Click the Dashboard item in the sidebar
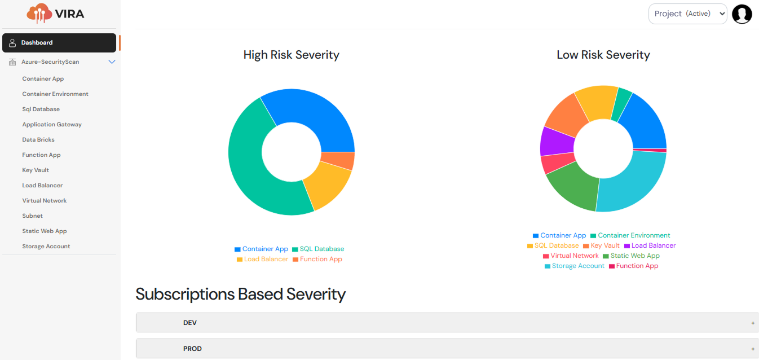[37, 43]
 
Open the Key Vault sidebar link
[36, 170]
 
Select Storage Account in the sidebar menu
[46, 246]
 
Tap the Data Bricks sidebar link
[38, 139]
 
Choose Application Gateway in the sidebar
[52, 124]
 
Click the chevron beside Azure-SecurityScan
[112, 62]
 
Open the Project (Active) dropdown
[687, 14]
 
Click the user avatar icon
[742, 14]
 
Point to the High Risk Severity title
[291, 55]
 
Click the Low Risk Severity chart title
[603, 55]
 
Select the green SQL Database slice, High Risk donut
[254, 169]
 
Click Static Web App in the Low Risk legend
[635, 256]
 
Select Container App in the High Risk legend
[265, 249]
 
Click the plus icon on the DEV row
[753, 323]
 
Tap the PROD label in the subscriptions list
[192, 349]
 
